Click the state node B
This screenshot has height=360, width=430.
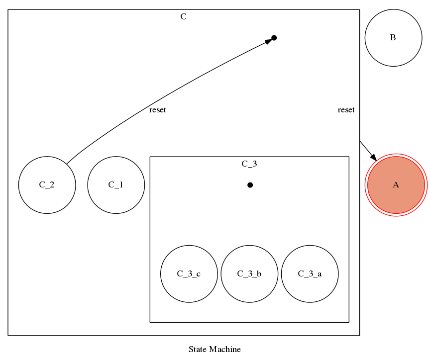393,38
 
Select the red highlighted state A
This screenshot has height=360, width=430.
396,185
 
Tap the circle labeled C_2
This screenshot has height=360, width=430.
47,185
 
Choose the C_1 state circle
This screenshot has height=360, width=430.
116,185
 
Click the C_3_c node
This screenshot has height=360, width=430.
189,273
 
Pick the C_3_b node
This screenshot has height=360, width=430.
249,273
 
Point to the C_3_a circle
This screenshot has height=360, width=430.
310,273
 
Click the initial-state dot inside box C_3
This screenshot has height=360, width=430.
250,185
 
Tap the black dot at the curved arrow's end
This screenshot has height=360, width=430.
274,38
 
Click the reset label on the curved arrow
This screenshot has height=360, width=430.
157,110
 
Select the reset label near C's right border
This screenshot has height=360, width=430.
346,110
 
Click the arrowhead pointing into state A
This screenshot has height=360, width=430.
374,157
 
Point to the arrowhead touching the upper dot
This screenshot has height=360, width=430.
268,41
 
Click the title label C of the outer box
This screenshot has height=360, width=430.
183,17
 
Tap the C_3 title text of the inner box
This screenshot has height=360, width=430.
249,164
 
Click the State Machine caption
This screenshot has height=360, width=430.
215,349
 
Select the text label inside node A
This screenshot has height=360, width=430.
396,185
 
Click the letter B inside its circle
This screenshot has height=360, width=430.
393,38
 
